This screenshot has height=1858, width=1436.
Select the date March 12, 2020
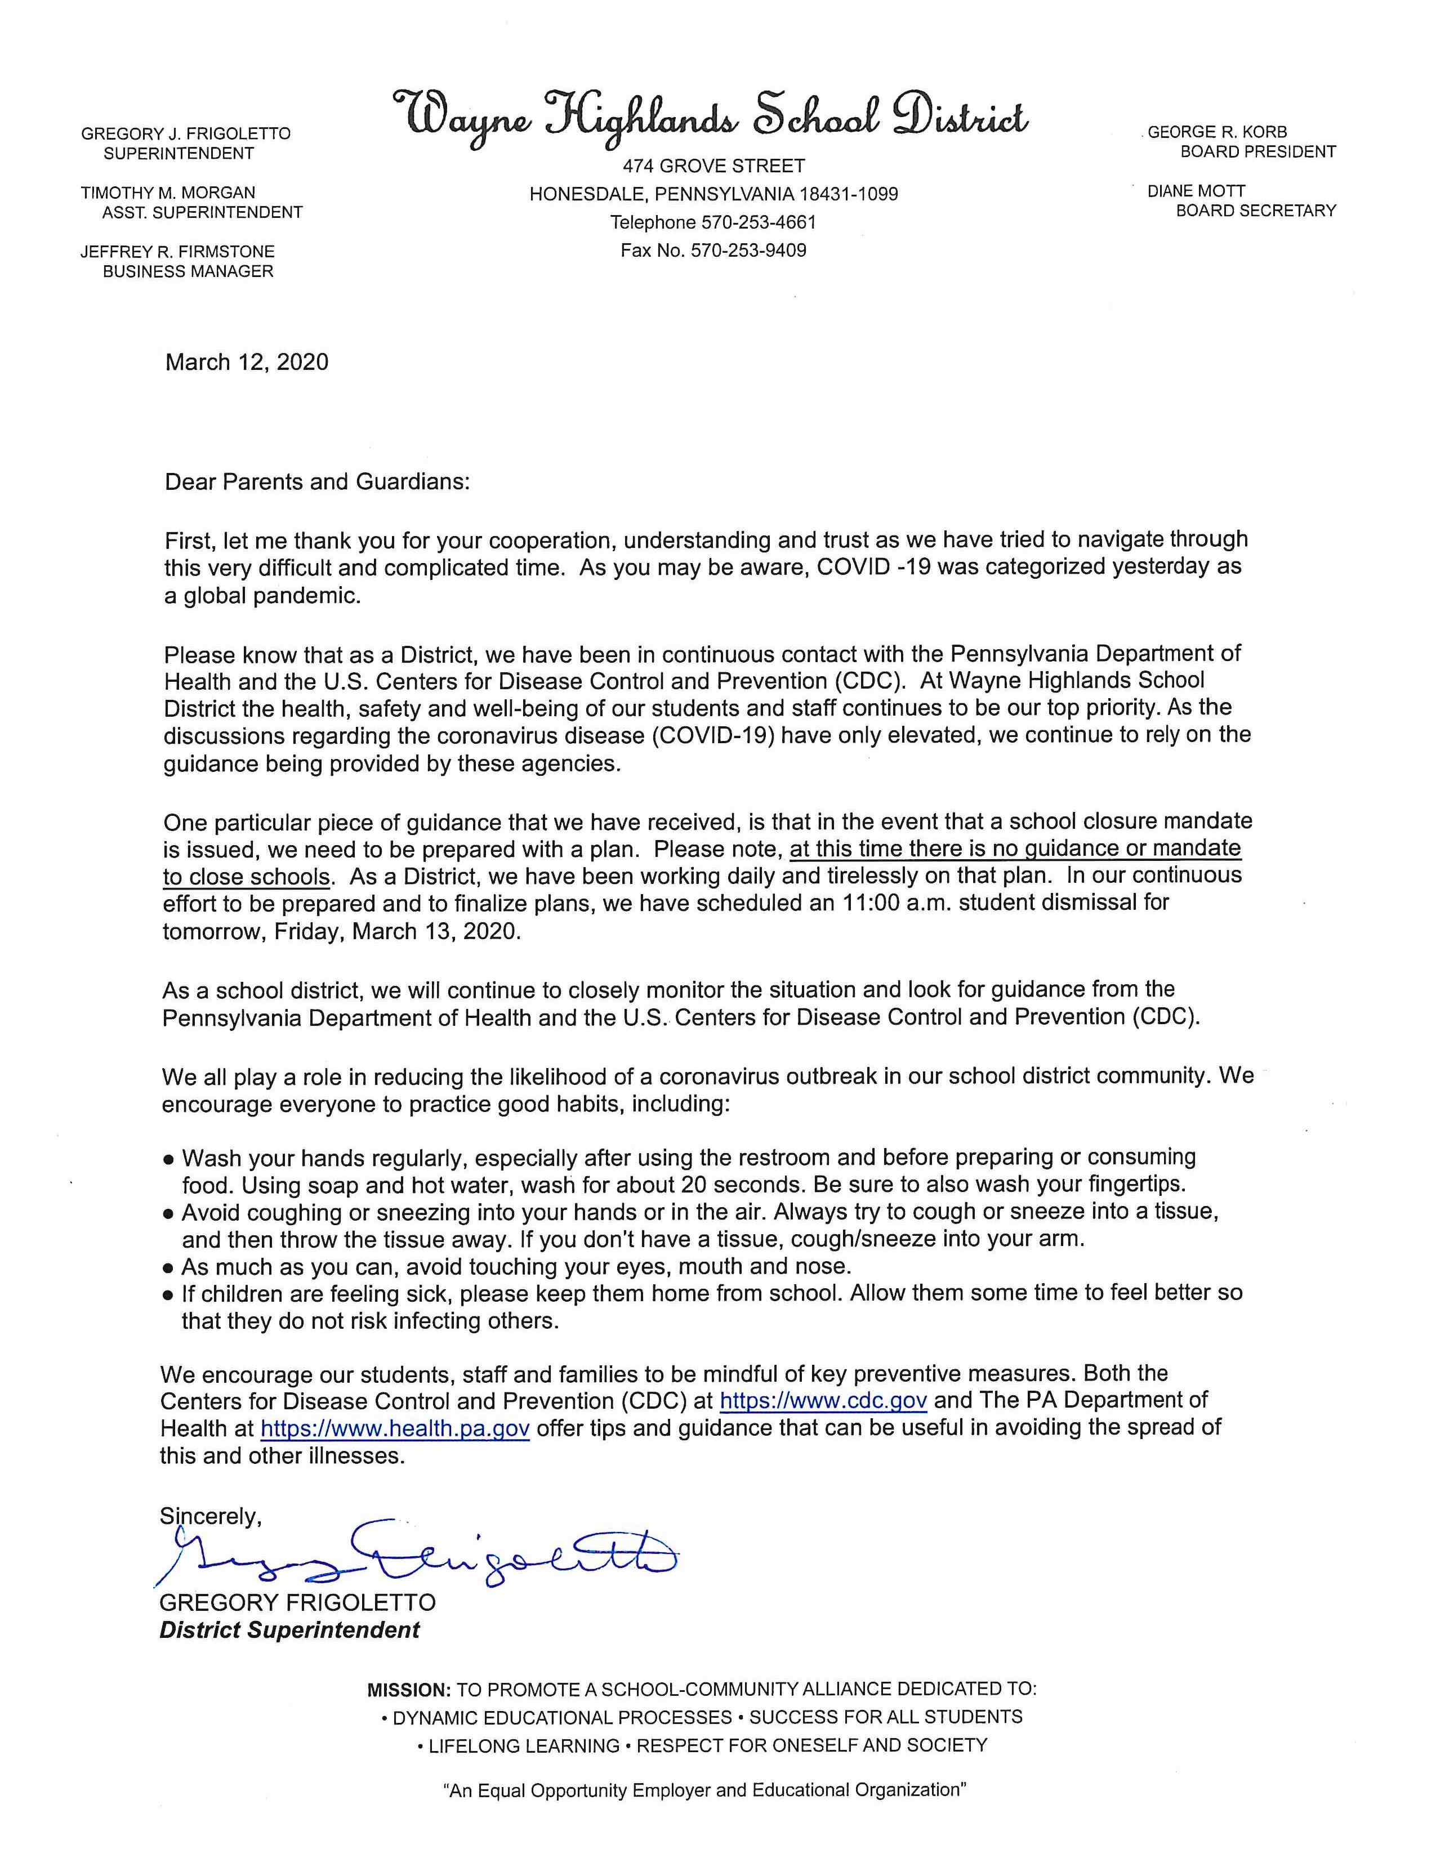[247, 363]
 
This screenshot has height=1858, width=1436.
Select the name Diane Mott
[1195, 191]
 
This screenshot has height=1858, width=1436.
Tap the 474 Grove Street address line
[713, 166]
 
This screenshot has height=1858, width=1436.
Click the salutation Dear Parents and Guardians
[316, 483]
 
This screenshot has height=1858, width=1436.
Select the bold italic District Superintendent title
[289, 1630]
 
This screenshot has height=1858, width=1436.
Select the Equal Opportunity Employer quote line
[705, 1791]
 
